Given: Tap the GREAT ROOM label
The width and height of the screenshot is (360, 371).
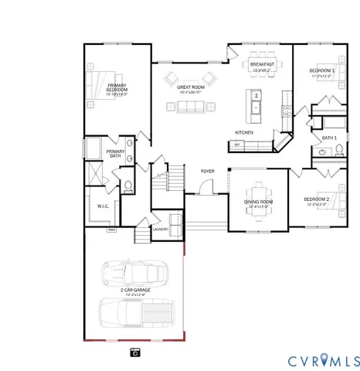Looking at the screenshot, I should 190,88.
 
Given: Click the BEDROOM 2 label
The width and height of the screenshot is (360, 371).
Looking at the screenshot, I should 316,199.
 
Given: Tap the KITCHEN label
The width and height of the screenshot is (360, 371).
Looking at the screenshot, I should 244,132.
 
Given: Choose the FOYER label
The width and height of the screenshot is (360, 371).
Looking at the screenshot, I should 208,171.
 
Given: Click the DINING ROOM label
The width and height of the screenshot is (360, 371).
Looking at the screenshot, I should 258,203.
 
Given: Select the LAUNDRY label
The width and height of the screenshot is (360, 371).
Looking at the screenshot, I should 161,230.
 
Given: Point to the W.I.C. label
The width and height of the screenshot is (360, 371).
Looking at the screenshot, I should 103,206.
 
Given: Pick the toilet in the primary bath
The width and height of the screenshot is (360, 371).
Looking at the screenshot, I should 128,186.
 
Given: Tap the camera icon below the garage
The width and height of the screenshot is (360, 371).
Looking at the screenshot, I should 134,352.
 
